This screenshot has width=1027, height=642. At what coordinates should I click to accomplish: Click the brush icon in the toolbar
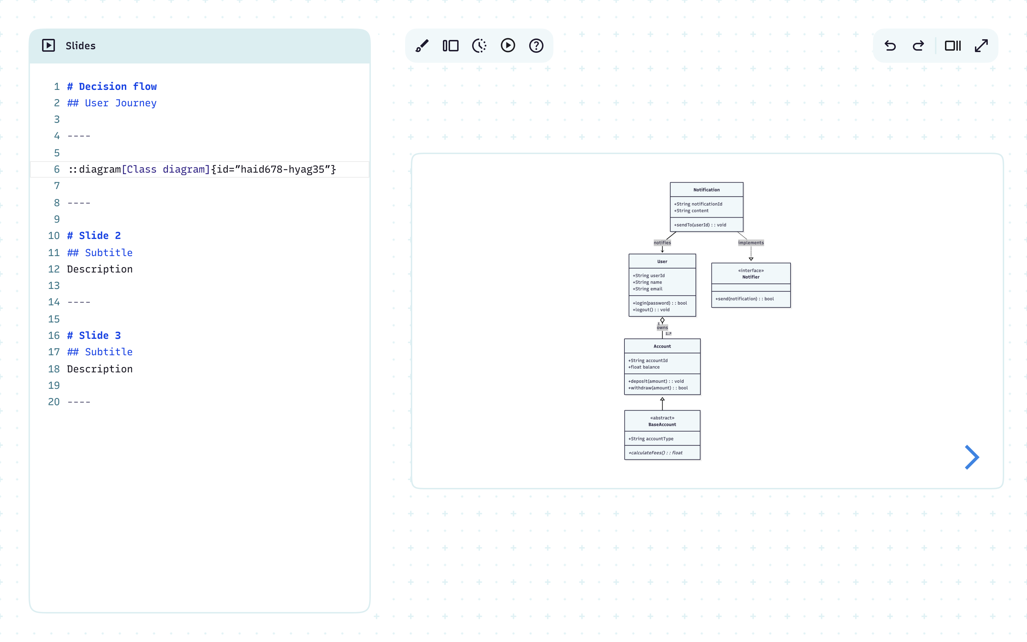[422, 45]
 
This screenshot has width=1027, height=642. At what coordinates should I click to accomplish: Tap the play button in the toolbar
[507, 45]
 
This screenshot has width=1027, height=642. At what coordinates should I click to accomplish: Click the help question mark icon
[536, 45]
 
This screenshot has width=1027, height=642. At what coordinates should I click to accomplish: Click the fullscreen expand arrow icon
[981, 45]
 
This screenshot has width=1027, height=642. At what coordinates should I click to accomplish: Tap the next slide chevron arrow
[971, 457]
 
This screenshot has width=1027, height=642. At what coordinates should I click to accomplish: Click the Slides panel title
[80, 46]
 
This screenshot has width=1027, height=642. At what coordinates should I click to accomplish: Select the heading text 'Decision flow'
[118, 87]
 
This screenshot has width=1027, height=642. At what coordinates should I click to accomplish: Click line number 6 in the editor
[56, 169]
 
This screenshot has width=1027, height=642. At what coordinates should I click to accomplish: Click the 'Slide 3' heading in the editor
[100, 335]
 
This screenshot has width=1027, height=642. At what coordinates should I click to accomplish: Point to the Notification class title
[706, 190]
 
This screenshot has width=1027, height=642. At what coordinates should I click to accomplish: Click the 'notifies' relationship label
[662, 243]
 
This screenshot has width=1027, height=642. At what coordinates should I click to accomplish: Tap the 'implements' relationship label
[751, 243]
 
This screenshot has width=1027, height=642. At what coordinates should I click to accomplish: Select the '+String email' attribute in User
[647, 289]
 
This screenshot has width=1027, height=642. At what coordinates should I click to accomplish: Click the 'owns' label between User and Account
[662, 327]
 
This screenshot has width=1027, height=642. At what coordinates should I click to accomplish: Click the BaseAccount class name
[662, 424]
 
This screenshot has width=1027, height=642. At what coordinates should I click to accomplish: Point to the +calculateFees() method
[656, 453]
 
